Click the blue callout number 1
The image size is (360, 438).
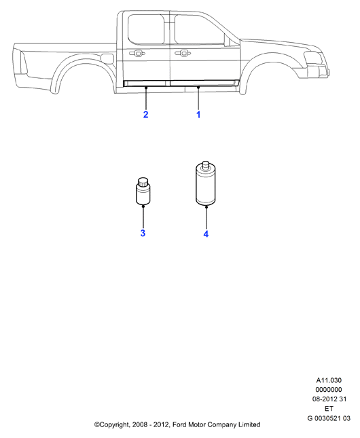(x=198, y=115)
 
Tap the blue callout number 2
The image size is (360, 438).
(x=145, y=115)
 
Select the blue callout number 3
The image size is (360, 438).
(x=143, y=233)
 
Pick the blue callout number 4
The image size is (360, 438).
(x=206, y=234)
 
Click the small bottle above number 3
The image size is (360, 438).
(x=143, y=191)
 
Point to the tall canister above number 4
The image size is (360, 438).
(x=206, y=183)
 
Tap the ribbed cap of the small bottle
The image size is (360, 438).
(x=143, y=182)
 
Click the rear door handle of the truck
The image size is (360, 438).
(x=137, y=53)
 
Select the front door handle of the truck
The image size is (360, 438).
(x=183, y=53)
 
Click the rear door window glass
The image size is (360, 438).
(x=146, y=29)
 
